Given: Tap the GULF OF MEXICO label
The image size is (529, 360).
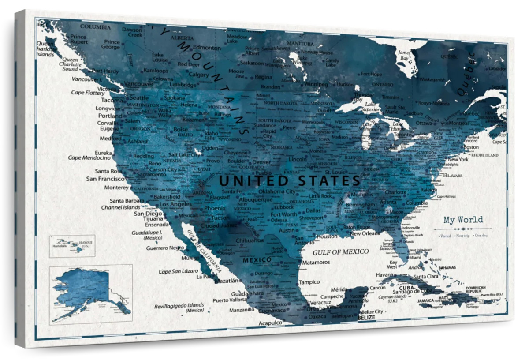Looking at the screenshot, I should [340, 252].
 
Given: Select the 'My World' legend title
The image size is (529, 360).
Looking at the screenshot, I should [463, 220].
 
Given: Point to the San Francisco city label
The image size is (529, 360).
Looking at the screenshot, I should [105, 179].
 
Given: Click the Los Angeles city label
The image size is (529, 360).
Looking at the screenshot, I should [175, 204].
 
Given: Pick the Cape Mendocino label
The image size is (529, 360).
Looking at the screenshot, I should [89, 157].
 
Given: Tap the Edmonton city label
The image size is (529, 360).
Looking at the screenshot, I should [207, 48].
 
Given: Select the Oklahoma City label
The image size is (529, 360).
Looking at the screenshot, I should [277, 191].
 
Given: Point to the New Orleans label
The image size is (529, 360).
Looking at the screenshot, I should [365, 233].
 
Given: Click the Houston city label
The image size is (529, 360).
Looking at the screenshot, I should [327, 236].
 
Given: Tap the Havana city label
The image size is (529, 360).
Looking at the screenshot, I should [384, 275].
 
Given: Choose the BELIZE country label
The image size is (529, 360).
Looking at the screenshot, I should [366, 317].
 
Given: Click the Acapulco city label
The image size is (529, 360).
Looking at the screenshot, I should [270, 323].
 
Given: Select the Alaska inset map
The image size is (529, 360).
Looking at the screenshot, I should [91, 294].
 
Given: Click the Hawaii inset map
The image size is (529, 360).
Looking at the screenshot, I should [72, 245].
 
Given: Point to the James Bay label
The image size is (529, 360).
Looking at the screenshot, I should [404, 55].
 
